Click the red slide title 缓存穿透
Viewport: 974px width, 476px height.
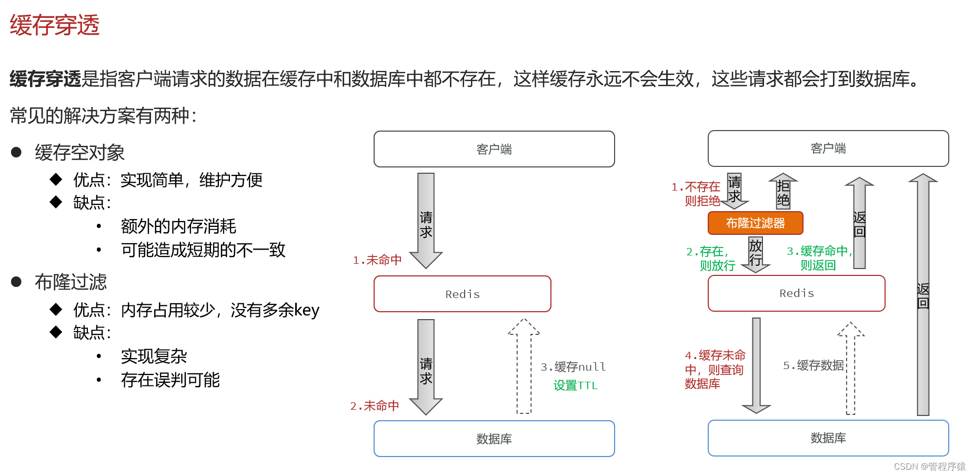click(55, 25)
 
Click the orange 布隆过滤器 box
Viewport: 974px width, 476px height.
click(755, 223)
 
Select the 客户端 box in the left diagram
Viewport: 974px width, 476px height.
click(494, 150)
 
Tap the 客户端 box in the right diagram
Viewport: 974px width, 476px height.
click(828, 148)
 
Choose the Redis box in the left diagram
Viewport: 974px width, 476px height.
click(462, 294)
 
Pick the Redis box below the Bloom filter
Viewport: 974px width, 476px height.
click(796, 293)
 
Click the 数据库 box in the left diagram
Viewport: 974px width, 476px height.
click(494, 439)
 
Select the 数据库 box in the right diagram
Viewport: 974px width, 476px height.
click(828, 438)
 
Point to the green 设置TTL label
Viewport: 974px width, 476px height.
click(576, 385)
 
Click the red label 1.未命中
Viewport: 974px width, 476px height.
click(377, 260)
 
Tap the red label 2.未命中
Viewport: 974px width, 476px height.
click(375, 406)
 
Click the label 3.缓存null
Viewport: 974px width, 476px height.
click(573, 367)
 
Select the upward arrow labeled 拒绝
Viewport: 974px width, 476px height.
click(783, 192)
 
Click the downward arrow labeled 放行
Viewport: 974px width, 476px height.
click(756, 254)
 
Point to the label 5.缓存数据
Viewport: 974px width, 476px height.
click(814, 365)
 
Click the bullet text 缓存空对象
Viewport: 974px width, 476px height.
click(79, 153)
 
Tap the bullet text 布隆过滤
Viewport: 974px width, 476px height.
click(71, 282)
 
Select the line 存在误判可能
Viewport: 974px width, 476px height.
click(170, 380)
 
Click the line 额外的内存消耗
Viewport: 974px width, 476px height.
click(178, 226)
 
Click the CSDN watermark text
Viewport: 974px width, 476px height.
click(929, 467)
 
